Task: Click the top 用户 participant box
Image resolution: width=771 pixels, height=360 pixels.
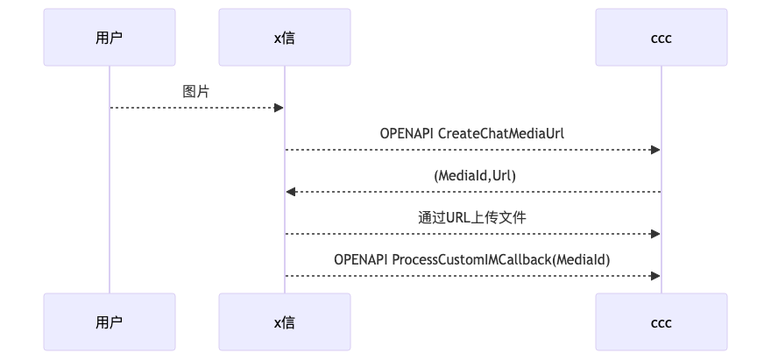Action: click(110, 37)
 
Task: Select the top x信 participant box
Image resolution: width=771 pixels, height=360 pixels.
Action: click(284, 37)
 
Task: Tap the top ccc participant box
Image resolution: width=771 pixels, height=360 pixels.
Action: click(661, 37)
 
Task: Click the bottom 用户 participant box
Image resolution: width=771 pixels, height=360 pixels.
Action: click(110, 322)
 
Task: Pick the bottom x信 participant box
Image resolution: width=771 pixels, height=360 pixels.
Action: click(284, 322)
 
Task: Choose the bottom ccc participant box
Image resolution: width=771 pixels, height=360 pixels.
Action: click(661, 322)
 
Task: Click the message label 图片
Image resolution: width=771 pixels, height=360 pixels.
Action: click(196, 91)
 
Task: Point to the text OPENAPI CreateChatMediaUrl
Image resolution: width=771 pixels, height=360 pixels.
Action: click(472, 133)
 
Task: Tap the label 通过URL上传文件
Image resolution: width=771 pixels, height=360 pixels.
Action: click(472, 217)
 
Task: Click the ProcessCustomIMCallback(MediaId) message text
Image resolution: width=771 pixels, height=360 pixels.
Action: click(501, 259)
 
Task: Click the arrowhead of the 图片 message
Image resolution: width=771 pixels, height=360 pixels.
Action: click(279, 108)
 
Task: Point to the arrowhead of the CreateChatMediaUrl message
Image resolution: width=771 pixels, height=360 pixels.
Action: click(655, 150)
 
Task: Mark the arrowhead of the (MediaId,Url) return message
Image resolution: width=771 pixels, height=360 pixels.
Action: click(290, 192)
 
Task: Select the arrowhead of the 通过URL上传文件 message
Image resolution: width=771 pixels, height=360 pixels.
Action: click(655, 234)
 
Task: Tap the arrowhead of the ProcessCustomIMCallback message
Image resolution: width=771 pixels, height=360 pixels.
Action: click(655, 276)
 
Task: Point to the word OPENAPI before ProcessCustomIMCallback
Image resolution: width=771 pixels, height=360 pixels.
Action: click(361, 259)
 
